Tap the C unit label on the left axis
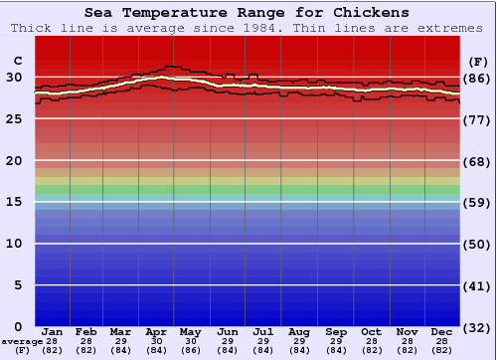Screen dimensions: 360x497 coord(17,61)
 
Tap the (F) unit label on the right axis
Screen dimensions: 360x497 coord(477,61)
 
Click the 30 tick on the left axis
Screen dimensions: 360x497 coord(14,78)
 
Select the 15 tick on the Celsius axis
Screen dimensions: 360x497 coord(14,202)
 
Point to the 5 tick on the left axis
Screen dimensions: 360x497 coord(18,285)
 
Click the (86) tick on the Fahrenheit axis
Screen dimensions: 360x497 coord(477,78)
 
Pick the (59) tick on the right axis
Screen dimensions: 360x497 coord(477,202)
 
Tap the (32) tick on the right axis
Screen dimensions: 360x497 coord(477,327)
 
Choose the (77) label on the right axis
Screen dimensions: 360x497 coord(477,119)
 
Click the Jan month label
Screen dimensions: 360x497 coord(53,331)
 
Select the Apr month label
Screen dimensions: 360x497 coord(155,331)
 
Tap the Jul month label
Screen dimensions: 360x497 coord(263,331)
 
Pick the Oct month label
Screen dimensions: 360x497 coord(370,331)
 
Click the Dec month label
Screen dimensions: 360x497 coord(442,331)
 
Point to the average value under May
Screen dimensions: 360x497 coord(190,345)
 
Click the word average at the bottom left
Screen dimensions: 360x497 coord(22,341)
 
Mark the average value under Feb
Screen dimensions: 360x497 coord(86,345)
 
